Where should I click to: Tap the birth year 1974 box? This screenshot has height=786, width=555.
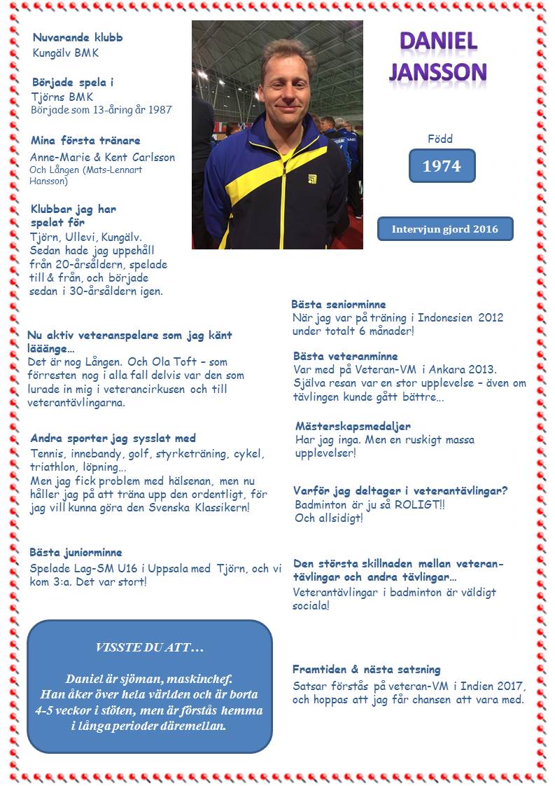tap(442, 166)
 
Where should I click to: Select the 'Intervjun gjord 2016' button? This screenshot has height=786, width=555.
tap(444, 229)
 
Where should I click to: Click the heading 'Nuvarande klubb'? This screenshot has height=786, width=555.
tap(78, 37)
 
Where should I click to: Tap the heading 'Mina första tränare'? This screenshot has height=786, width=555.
tap(86, 140)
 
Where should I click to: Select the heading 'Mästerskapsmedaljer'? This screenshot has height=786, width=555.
tap(353, 425)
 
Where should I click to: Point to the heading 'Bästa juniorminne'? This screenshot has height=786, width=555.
tap(76, 552)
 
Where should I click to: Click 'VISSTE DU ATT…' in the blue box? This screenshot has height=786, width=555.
tap(150, 648)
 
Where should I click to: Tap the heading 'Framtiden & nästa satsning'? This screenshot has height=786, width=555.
tap(367, 670)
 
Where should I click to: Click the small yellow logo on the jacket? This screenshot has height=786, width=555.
tap(312, 179)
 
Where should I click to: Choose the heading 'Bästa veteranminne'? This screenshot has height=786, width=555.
tap(346, 356)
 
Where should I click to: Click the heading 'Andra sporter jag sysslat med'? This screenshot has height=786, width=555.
tap(113, 439)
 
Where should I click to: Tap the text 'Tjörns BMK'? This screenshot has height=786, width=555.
tap(62, 97)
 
